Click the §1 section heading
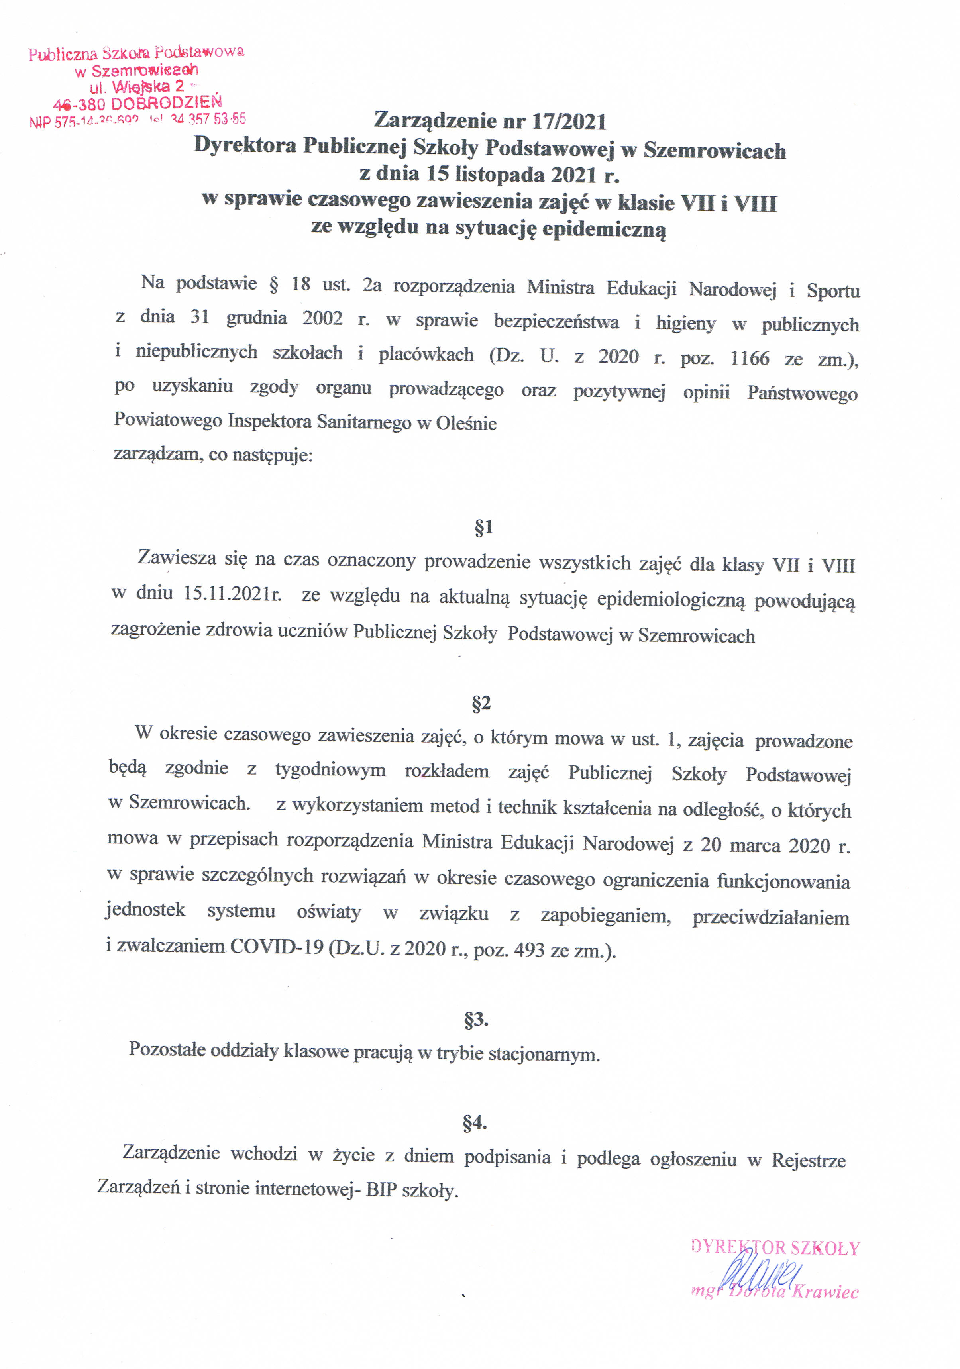[x=483, y=527]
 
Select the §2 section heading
[x=481, y=704]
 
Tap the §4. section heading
[x=475, y=1123]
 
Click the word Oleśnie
[x=466, y=424]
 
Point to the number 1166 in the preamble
[x=750, y=358]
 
